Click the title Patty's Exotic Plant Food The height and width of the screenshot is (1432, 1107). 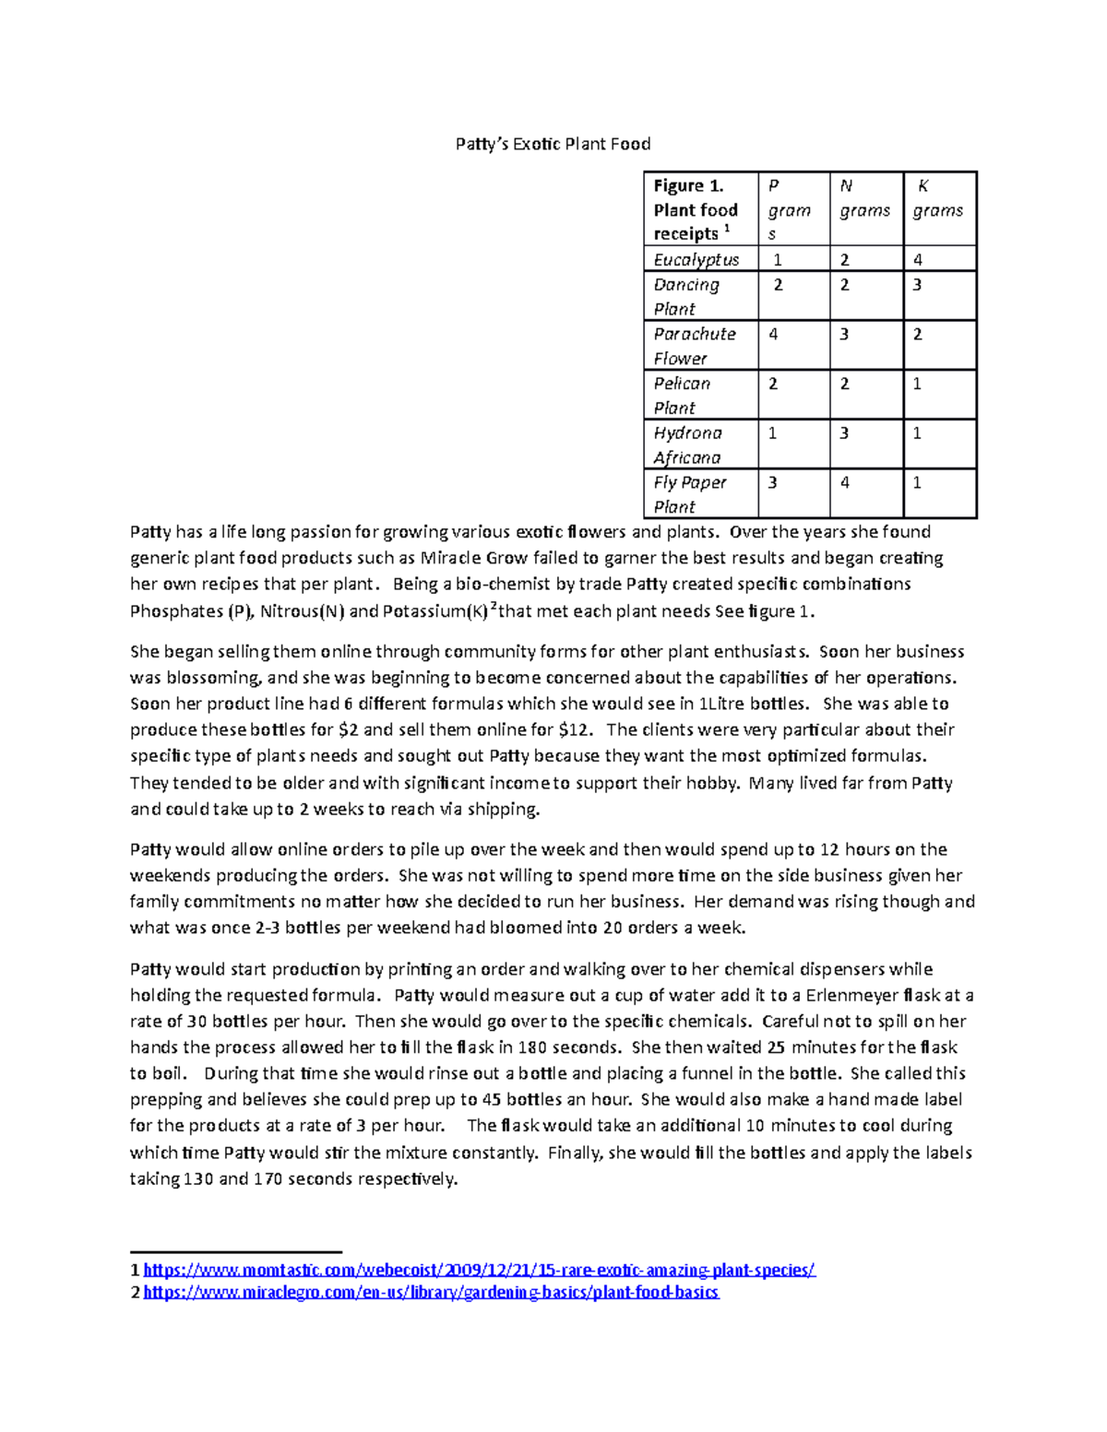coord(553,144)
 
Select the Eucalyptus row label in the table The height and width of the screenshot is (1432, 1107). coord(696,260)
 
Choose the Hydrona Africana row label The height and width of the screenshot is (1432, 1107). coord(688,444)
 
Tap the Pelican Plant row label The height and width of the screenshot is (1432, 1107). coord(682,395)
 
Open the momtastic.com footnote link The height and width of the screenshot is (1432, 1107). coord(479,1270)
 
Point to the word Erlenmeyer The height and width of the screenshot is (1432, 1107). coord(851,996)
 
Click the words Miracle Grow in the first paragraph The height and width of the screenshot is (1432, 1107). coord(473,558)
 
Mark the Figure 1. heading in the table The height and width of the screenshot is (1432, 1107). coord(688,186)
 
